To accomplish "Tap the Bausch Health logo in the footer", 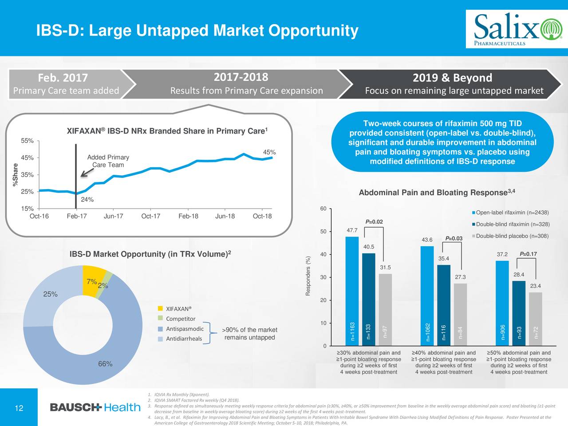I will [x=95, y=407].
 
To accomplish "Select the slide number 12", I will [x=19, y=408].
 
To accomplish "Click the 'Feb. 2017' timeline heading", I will [x=63, y=78].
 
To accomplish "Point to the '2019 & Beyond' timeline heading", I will [x=452, y=78].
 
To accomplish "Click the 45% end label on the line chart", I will [x=269, y=153].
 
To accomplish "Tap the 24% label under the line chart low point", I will [x=87, y=200].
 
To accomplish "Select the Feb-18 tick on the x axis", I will [x=188, y=217].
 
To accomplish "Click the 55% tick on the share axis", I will [x=28, y=141].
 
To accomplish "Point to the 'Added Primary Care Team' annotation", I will [x=108, y=161].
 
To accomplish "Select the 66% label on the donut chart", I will [x=105, y=364].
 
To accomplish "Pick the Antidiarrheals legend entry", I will [x=183, y=339].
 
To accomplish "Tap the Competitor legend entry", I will [x=180, y=319].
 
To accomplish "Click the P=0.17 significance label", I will [x=528, y=254].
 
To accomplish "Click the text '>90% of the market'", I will [x=251, y=330].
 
